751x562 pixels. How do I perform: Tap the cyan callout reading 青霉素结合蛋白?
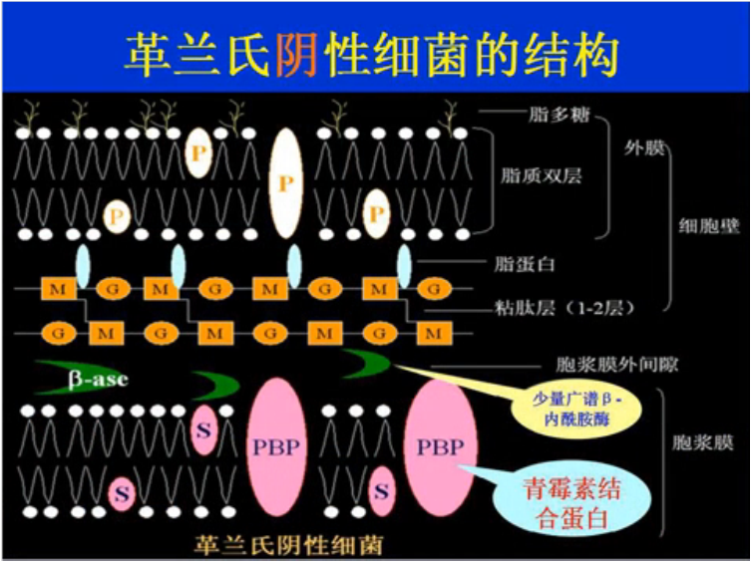pyautogui.click(x=570, y=501)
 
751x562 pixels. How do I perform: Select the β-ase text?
pyautogui.click(x=98, y=380)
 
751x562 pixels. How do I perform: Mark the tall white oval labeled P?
pyautogui.click(x=286, y=183)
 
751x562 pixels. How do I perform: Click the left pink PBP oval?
pyautogui.click(x=275, y=445)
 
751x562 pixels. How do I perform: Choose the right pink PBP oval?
pyautogui.click(x=440, y=445)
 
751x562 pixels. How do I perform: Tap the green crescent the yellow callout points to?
pyautogui.click(x=368, y=364)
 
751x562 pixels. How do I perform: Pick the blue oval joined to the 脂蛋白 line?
pyautogui.click(x=404, y=264)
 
